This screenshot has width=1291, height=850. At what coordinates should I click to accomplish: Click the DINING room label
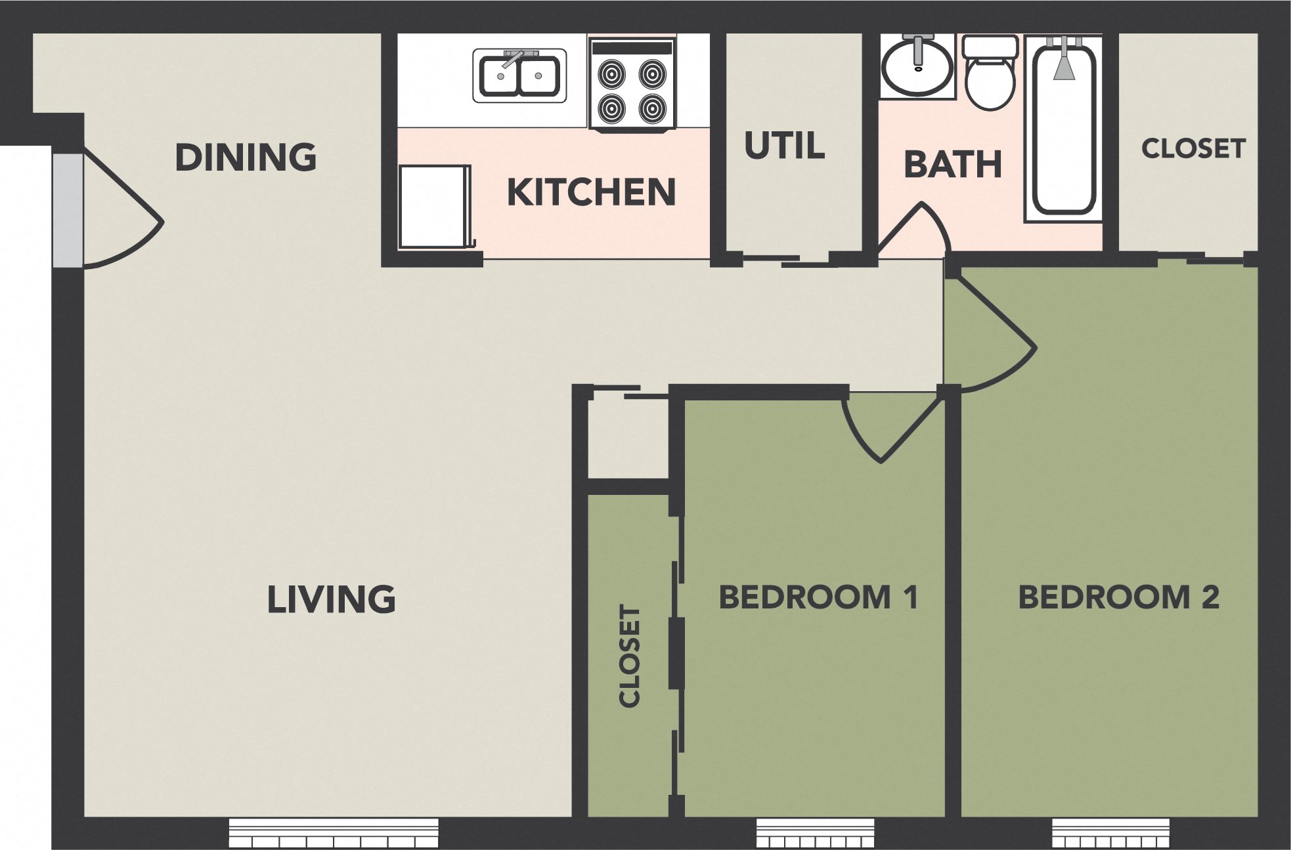[x=246, y=158]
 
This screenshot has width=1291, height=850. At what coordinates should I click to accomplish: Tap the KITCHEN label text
[x=591, y=192]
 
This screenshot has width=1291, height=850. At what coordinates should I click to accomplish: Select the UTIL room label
[x=784, y=146]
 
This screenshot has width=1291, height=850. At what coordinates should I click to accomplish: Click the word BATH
[x=952, y=164]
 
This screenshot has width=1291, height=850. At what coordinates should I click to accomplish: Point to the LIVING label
[x=331, y=599]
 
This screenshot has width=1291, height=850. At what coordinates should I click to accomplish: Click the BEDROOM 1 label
[x=818, y=597]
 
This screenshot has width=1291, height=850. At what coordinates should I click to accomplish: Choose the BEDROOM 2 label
[x=1118, y=597]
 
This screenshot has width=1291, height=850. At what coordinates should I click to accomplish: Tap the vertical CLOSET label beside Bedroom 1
[x=630, y=656]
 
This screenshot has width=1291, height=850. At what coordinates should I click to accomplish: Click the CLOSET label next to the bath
[x=1193, y=148]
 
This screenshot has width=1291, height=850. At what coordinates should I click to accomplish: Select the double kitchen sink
[x=519, y=76]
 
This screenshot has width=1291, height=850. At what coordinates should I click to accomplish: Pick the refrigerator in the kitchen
[x=434, y=207]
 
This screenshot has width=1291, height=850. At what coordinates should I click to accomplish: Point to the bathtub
[x=1064, y=128]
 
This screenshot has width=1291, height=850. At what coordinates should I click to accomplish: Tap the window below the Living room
[x=334, y=833]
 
